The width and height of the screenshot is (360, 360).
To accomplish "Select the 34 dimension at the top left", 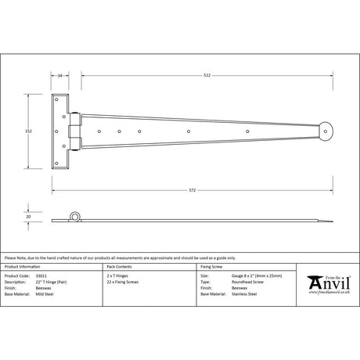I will point(61,76).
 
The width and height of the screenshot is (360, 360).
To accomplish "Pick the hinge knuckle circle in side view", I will point(76,217).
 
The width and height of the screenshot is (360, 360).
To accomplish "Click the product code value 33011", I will point(56,277).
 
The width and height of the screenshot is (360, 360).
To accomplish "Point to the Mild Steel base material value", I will point(60,294).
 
